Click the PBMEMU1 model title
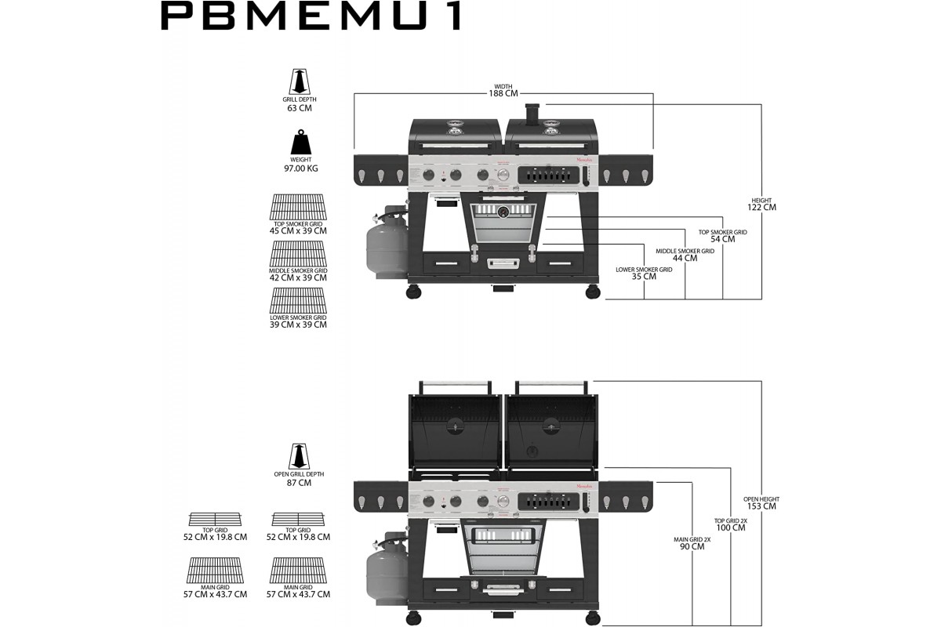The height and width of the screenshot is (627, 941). coord(311,16)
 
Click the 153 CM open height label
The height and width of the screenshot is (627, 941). coord(761,506)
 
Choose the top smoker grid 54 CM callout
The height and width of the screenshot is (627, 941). coord(722,238)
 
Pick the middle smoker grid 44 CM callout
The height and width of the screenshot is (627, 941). coord(685,258)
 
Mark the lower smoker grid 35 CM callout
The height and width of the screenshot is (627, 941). coord(644,276)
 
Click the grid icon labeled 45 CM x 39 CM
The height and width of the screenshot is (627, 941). coord(298,208)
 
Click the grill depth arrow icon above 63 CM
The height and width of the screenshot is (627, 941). coord(299,82)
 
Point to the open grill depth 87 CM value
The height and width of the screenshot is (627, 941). coord(299,483)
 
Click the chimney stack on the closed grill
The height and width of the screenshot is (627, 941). coord(532,115)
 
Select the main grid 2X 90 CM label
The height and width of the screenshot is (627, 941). coord(692,546)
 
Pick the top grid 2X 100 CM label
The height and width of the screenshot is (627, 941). coord(730,527)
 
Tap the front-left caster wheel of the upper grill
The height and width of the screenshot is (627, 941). coord(413,292)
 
